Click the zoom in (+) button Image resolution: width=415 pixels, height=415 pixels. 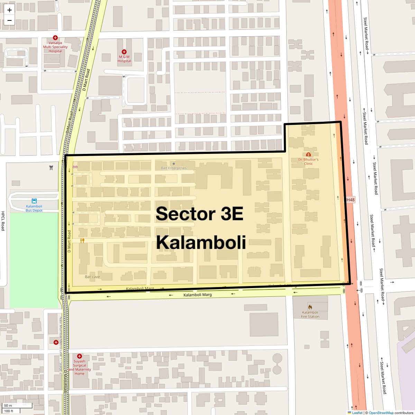9,10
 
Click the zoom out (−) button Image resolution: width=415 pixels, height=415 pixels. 9,20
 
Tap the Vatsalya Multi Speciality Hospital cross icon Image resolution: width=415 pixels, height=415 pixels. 55,38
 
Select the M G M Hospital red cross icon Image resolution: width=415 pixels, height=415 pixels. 124,52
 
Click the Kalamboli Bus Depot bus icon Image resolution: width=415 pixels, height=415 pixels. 34,201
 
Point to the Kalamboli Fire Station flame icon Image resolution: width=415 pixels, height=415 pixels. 310,307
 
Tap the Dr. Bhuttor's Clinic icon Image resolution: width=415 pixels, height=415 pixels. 308,154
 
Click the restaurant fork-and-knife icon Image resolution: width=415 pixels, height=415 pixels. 82,240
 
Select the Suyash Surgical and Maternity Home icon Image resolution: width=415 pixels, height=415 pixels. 80,356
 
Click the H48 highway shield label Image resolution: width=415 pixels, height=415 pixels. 350,200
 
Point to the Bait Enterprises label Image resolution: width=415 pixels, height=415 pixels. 174,168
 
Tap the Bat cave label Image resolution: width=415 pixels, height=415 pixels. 92,277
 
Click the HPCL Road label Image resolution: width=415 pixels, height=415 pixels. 3,221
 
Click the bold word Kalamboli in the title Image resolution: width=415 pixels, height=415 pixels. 201,242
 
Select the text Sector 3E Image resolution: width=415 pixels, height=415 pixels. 200,214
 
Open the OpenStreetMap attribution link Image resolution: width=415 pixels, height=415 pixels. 381,413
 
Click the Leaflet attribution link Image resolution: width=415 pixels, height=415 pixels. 357,413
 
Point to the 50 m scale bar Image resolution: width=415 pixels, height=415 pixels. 17,406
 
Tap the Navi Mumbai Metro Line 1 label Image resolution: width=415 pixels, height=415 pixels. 61,346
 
